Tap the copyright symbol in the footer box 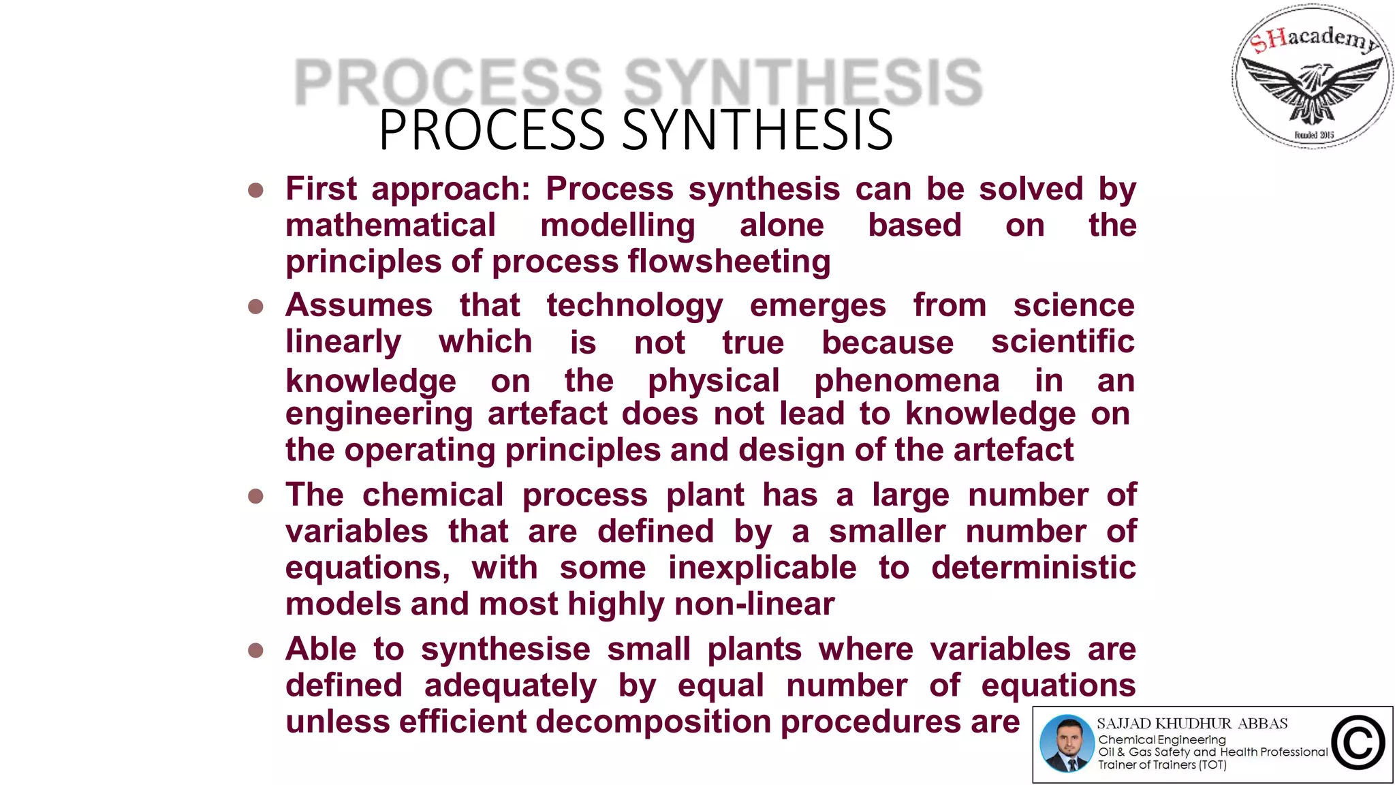tap(1358, 743)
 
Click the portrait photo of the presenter tap(1067, 743)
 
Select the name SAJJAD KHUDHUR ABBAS tap(1192, 723)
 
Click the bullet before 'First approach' tap(256, 190)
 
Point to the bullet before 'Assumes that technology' tap(256, 307)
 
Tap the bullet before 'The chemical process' tap(256, 496)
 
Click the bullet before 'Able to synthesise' tap(256, 651)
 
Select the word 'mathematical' tap(390, 226)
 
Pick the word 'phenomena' tap(907, 381)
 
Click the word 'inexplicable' tap(762, 568)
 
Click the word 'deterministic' tap(1033, 568)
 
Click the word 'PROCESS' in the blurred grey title tap(448, 82)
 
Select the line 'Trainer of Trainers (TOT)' tap(1162, 765)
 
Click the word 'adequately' tap(510, 686)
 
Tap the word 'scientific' tap(1063, 341)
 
